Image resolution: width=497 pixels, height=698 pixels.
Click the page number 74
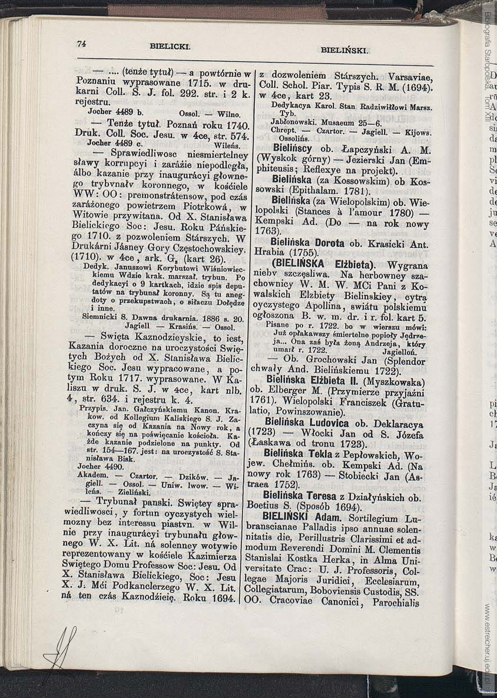[81, 44]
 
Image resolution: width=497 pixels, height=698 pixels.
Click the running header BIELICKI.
[170, 45]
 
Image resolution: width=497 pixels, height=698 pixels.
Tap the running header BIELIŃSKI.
[344, 51]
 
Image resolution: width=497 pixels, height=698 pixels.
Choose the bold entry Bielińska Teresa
[299, 496]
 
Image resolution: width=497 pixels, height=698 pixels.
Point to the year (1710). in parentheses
[90, 257]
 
